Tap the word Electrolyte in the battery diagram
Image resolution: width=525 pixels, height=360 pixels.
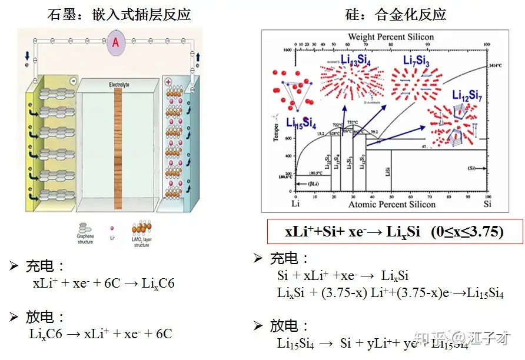(x=118, y=85)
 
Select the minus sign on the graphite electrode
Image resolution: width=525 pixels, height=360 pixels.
(x=73, y=81)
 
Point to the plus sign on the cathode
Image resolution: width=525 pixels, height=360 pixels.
(x=168, y=82)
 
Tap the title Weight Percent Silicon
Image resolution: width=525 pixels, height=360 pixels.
(x=391, y=36)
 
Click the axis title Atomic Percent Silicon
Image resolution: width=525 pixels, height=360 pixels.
(x=392, y=205)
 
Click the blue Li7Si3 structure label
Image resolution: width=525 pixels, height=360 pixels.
(x=416, y=61)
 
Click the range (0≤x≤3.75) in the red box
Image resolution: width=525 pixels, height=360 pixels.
(x=467, y=231)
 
